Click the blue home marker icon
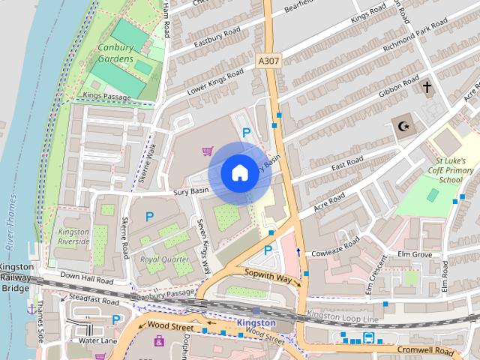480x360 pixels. [239, 172]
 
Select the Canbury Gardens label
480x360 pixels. [115, 53]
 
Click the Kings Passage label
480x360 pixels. [108, 97]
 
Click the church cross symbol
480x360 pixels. [427, 88]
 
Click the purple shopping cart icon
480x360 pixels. [206, 151]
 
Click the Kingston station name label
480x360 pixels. [256, 323]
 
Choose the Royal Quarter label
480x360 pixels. [165, 259]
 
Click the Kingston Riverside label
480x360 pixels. [73, 237]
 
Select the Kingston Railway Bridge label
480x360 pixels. [15, 277]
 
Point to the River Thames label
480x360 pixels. [11, 225]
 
